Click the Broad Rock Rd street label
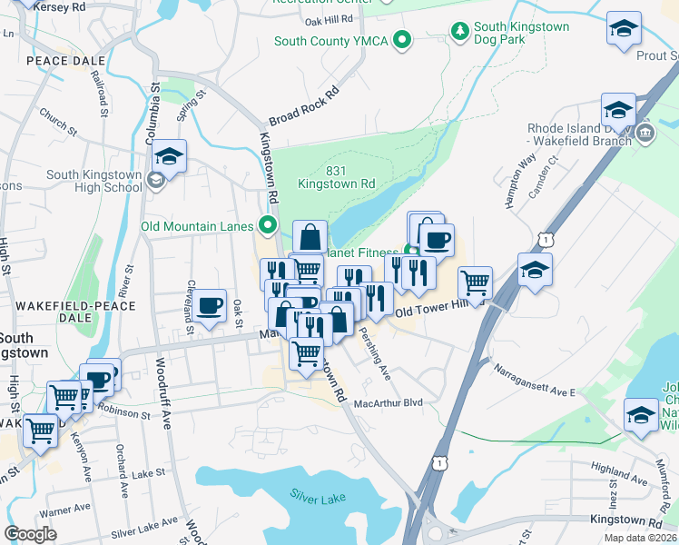tap(303, 107)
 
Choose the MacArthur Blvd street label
tap(389, 402)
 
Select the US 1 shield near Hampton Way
tap(544, 238)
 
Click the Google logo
tap(31, 534)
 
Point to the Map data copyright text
tap(639, 538)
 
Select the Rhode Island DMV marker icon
tap(645, 134)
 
